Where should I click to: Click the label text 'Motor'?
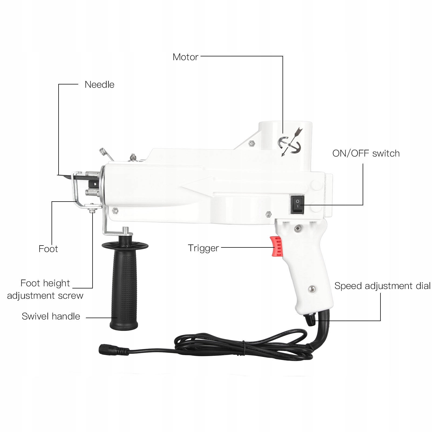point(185,57)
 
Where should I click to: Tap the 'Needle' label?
point(99,84)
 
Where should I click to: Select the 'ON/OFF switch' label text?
point(366,153)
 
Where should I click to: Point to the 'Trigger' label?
point(203,248)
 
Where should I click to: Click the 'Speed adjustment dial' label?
point(382,286)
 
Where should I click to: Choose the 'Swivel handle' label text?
point(51,316)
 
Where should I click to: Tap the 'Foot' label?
point(48,249)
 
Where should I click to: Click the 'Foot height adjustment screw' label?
point(45,289)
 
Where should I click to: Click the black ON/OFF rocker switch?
point(297,204)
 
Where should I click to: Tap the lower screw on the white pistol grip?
point(312,289)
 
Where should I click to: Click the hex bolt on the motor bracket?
point(251,144)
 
